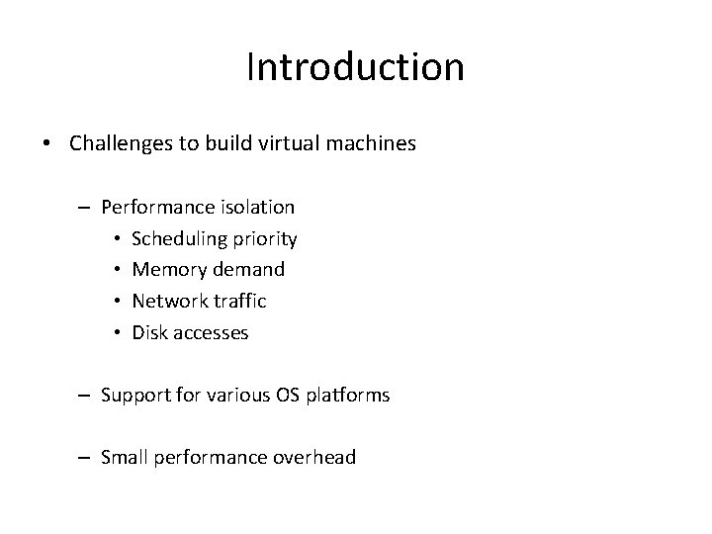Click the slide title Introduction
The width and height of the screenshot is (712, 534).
click(355, 67)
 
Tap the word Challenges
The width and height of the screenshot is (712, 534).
click(117, 143)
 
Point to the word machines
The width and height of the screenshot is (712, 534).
click(371, 143)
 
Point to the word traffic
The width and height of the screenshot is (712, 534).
click(239, 301)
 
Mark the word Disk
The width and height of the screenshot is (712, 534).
click(149, 332)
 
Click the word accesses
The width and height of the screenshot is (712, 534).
click(211, 332)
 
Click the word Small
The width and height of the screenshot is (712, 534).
click(124, 458)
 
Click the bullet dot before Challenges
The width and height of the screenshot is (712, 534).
click(48, 144)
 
